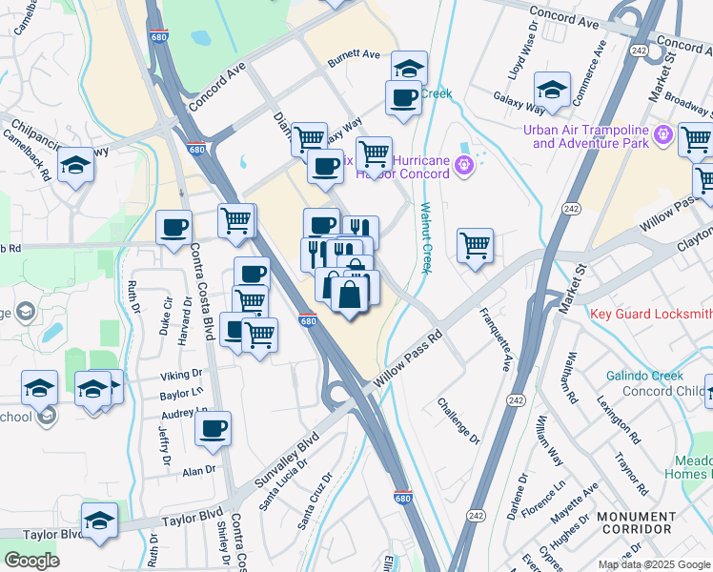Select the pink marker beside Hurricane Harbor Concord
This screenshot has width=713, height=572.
pyautogui.click(x=464, y=165)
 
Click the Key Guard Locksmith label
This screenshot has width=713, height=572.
pyautogui.click(x=651, y=314)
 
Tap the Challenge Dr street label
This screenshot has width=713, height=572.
pyautogui.click(x=458, y=420)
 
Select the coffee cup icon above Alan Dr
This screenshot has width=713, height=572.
pyautogui.click(x=214, y=429)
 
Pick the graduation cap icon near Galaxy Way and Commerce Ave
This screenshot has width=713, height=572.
pyautogui.click(x=552, y=91)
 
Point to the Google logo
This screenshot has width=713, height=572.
pyautogui.click(x=31, y=561)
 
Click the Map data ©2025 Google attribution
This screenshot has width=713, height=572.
pyautogui.click(x=654, y=564)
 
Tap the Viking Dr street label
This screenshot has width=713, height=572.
pyautogui.click(x=182, y=375)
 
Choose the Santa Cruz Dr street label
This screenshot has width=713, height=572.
pyautogui.click(x=316, y=500)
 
